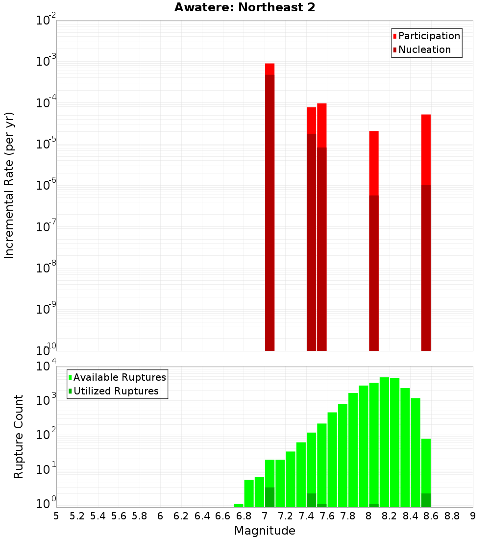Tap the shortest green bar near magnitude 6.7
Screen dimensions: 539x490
(x=239, y=505)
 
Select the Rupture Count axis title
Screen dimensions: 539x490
(x=19, y=437)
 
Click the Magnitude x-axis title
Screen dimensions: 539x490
(x=265, y=530)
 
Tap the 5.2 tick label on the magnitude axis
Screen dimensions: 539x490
(x=77, y=516)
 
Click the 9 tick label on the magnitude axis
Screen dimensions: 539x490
(x=473, y=516)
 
